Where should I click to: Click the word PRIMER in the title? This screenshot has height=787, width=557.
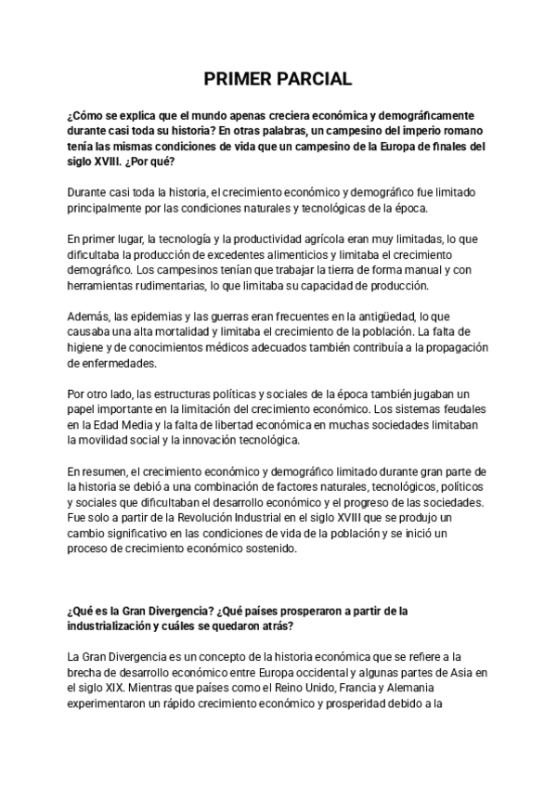point(240,80)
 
